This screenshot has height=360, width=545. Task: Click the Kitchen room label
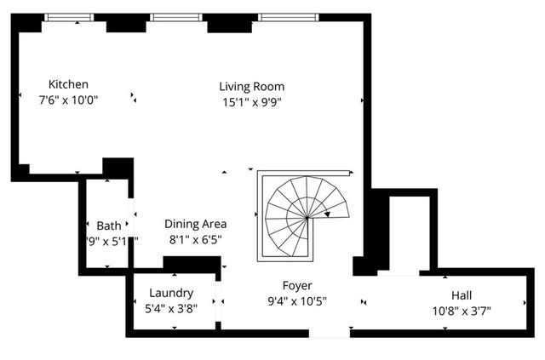pyautogui.click(x=68, y=84)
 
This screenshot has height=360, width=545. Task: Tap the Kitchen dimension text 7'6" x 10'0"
pyautogui.click(x=69, y=100)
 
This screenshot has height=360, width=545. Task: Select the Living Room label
pyautogui.click(x=251, y=86)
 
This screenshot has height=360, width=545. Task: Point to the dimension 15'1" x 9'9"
pyautogui.click(x=251, y=101)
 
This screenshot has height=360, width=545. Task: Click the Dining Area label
pyautogui.click(x=195, y=224)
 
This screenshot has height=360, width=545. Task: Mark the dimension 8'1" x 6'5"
pyautogui.click(x=195, y=239)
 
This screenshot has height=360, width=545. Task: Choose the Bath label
pyautogui.click(x=108, y=226)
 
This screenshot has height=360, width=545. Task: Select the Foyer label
pyautogui.click(x=297, y=285)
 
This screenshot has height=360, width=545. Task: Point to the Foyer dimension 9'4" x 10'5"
pyautogui.click(x=297, y=300)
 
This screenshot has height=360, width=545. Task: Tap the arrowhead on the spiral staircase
pyautogui.click(x=327, y=214)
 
